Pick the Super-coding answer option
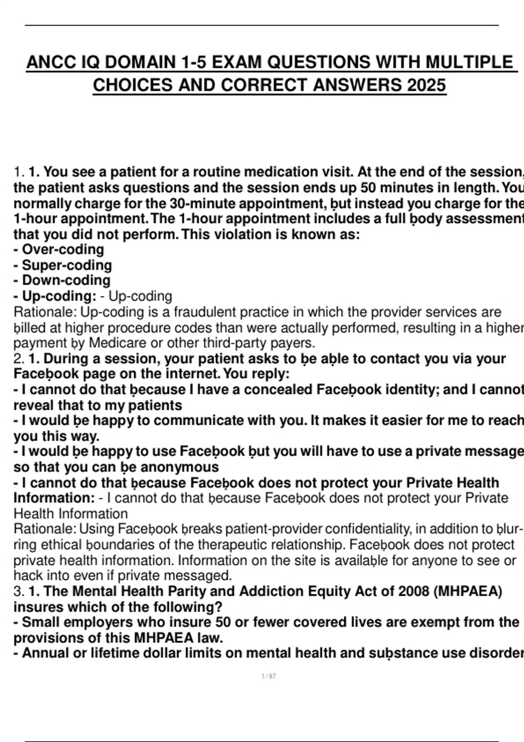click(x=66, y=265)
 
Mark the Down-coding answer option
click(x=66, y=281)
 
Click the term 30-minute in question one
click(x=203, y=203)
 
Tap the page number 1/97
click(x=269, y=677)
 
